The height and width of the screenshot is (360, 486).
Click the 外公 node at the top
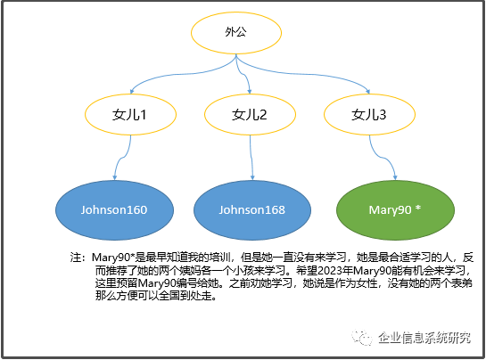236,33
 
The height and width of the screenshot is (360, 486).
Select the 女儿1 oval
130,114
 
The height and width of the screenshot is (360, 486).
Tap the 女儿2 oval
250,114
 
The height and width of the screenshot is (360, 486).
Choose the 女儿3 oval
369,114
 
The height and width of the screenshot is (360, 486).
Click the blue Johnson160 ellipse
114,210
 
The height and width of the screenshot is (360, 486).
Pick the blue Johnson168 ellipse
252,210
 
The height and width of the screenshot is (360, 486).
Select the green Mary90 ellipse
395,210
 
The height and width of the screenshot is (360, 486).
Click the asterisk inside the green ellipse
418,208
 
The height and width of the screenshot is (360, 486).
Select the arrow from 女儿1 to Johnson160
121,158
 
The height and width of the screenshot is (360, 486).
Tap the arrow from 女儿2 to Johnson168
251,158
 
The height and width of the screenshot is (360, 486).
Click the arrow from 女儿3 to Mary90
383,158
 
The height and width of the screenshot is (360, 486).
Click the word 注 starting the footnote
76,258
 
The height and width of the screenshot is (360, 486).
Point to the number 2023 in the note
330,271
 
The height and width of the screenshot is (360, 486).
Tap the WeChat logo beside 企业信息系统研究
361,338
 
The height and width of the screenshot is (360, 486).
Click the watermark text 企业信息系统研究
424,338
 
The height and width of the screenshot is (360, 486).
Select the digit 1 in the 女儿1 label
143,115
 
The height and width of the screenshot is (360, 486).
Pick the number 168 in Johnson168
275,210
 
